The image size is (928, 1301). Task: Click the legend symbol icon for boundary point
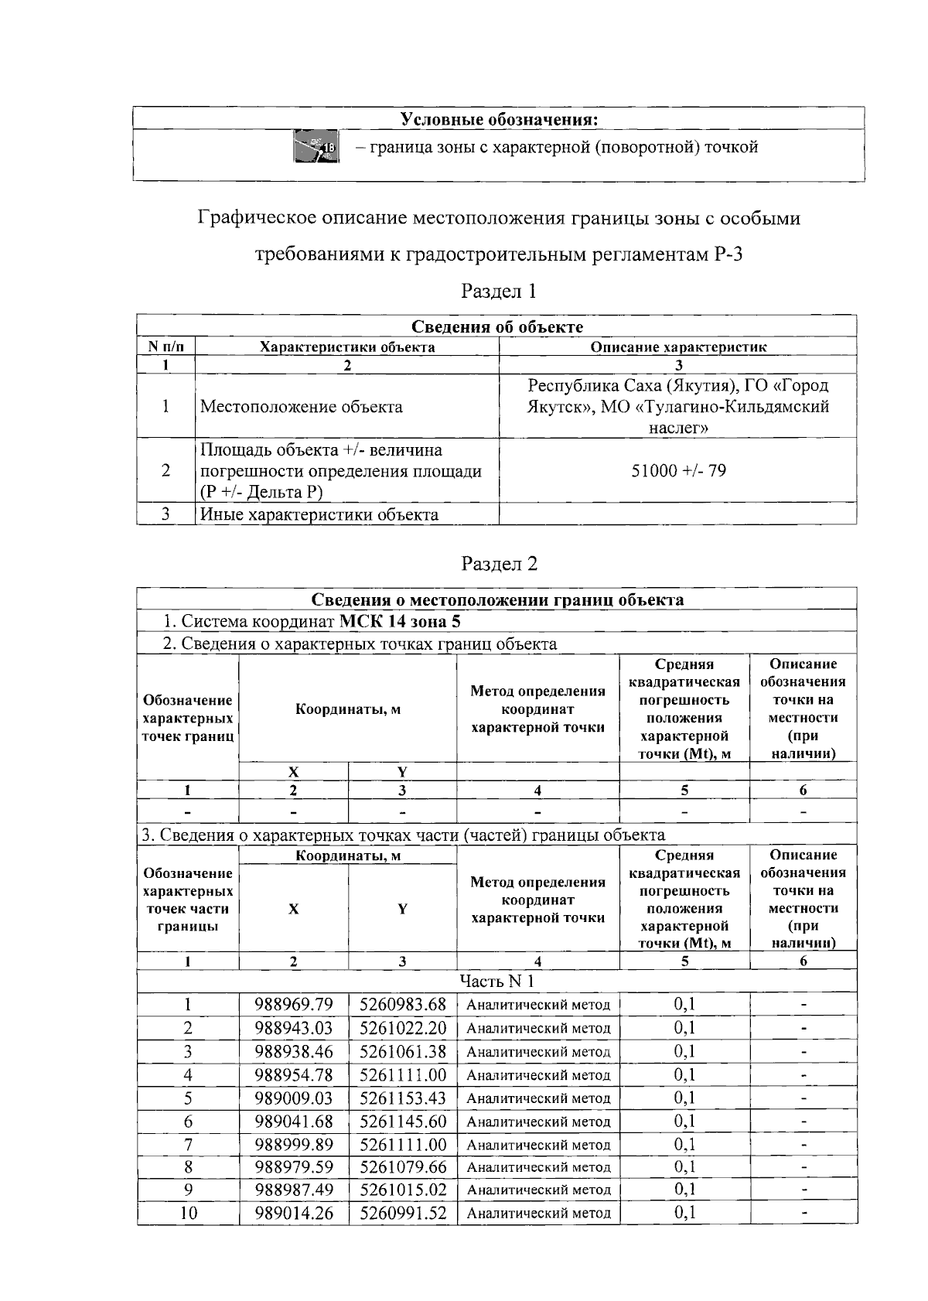316,146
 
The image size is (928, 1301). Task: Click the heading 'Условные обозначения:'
500,119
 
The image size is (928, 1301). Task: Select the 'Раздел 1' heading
498,292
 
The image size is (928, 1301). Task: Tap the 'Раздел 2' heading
498,564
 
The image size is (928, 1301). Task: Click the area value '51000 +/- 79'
678,471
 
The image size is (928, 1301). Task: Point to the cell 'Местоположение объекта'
301,407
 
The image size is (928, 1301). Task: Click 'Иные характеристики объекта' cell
319,514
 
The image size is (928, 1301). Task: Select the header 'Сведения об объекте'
496,326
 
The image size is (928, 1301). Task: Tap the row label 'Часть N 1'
496,982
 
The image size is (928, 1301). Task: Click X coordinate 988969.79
294,1005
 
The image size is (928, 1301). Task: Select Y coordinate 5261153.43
403,1098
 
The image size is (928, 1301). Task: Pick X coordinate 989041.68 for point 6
294,1121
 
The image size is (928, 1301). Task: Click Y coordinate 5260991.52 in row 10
403,1213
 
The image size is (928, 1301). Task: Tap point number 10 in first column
188,1213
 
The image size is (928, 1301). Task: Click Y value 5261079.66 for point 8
403,1166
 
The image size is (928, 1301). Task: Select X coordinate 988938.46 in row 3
294,1051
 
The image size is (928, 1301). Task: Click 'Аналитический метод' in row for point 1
538,1005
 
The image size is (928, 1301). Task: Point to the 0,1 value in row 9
684,1190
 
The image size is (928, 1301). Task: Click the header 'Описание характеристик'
678,347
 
